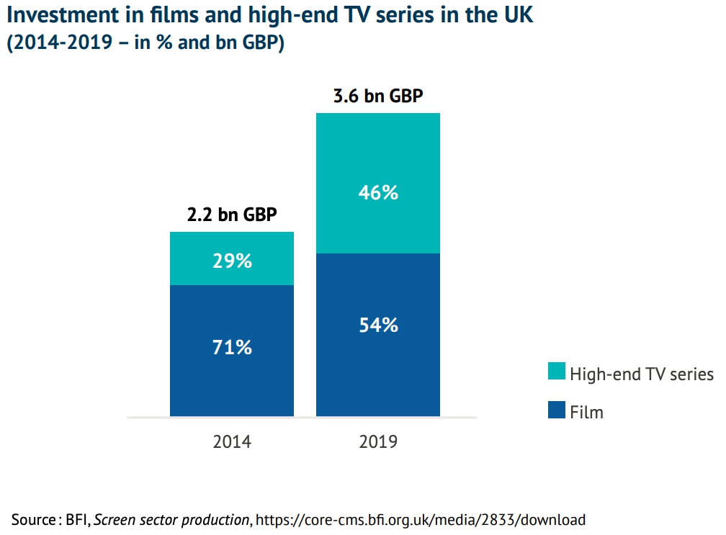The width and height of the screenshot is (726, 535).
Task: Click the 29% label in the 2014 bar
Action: pos(232,261)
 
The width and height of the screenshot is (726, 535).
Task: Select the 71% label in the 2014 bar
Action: pos(232,347)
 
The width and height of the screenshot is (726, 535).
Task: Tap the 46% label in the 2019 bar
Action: pos(378,193)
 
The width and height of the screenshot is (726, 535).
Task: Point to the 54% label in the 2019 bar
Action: pos(378,325)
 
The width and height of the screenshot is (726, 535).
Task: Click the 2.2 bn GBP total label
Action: pos(232,215)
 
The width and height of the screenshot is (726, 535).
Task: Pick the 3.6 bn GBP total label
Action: pos(378,96)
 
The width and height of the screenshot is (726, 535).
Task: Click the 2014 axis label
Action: pos(232,441)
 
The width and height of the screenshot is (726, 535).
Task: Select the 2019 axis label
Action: pos(378,441)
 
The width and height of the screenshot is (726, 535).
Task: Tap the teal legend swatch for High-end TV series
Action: pos(557,372)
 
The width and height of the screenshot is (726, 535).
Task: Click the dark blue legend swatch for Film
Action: pos(557,410)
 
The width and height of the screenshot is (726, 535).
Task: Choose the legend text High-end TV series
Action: pos(641,374)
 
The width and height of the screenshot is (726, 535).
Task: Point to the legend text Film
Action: pos(586,412)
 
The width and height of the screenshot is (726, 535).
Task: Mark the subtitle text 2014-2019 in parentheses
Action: pos(59,43)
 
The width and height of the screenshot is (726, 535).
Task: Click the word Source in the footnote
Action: pos(32,518)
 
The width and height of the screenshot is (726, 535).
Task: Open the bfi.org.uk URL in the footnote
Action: pos(421,518)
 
